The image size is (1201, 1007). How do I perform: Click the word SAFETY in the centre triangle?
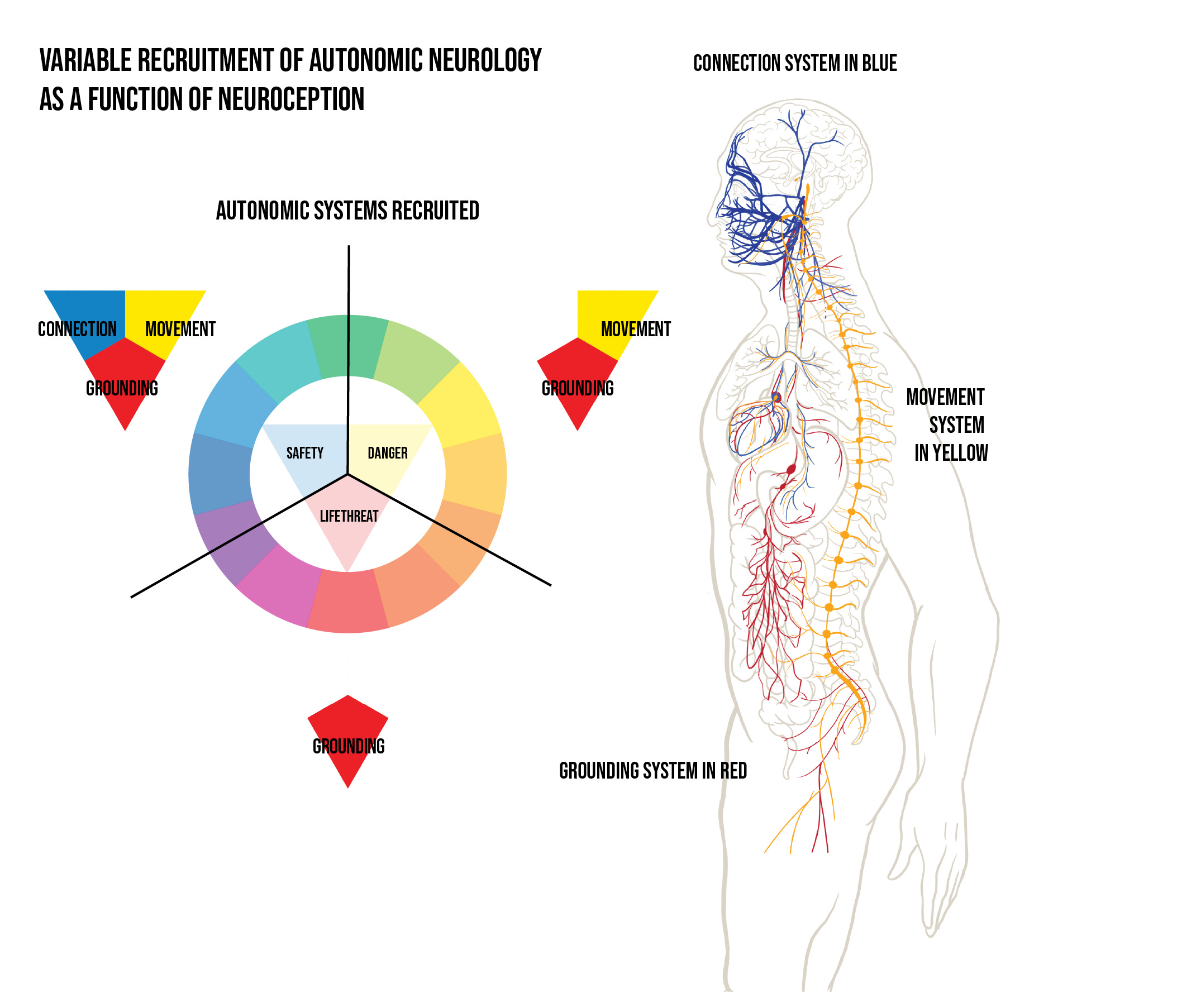304,454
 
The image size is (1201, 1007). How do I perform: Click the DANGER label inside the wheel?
387,454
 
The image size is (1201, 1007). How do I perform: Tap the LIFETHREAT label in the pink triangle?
349,517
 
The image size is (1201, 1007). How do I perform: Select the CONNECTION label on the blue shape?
77,330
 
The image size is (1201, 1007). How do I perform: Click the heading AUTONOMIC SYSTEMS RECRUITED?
347,211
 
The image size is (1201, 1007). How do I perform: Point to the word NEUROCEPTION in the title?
290,99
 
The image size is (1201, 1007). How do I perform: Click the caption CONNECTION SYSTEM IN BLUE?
794,64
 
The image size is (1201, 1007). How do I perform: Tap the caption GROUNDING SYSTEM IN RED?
652,771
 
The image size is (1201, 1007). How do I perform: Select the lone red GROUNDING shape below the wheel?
347,738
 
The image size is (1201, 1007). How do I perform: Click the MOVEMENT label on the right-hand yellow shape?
635,330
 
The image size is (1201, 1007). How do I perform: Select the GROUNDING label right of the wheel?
578,389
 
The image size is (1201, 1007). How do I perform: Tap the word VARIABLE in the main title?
85,61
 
